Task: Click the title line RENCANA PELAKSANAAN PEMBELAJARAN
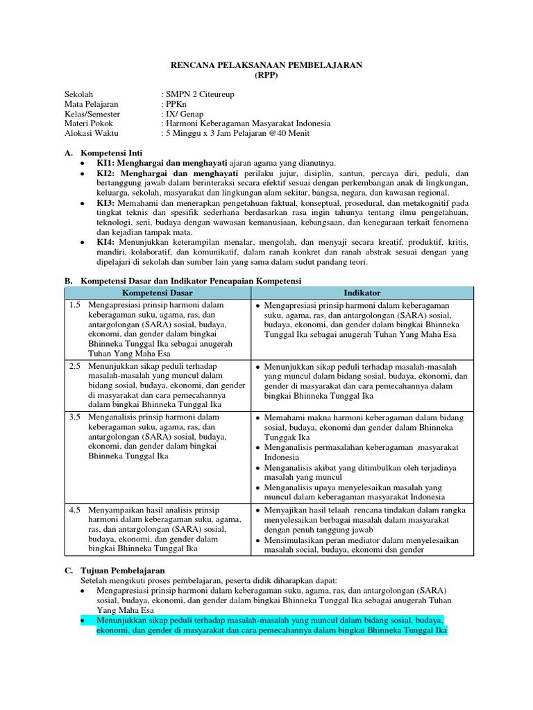[x=266, y=64]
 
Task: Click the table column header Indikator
[x=362, y=293]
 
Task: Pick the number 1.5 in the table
[x=75, y=305]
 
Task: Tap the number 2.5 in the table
[x=75, y=365]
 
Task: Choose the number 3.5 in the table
[x=75, y=417]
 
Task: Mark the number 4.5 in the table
[x=75, y=510]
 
